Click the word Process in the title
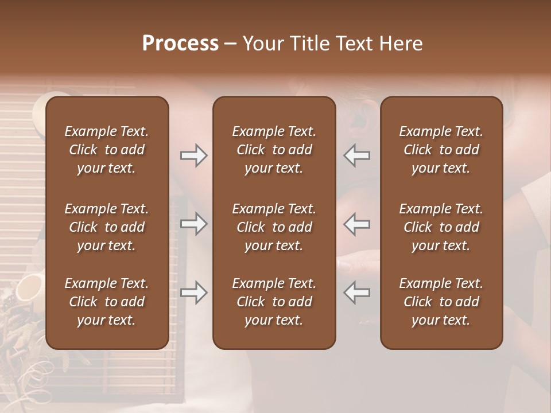coord(180,44)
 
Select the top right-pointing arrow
coord(194,155)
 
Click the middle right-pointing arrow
coord(194,224)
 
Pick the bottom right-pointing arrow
coord(194,293)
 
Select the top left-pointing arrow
coord(356,155)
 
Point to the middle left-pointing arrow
coord(356,224)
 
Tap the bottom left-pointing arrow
coord(356,293)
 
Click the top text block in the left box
coord(107,150)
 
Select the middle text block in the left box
coord(107,227)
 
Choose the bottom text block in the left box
coord(107,302)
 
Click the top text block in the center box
coord(274,150)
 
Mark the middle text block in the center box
coord(274,227)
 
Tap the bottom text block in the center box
coord(274,302)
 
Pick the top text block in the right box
coord(441,150)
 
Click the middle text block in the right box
coord(441,227)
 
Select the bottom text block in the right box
coord(441,302)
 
